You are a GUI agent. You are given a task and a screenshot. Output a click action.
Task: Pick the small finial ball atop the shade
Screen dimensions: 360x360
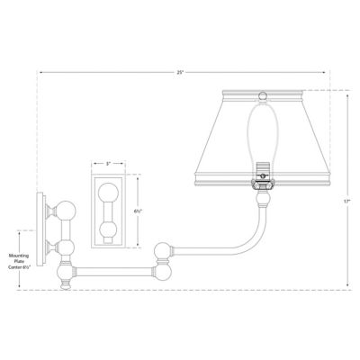coord(262,94)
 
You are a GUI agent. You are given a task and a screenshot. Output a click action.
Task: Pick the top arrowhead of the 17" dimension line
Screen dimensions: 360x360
coord(346,92)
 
